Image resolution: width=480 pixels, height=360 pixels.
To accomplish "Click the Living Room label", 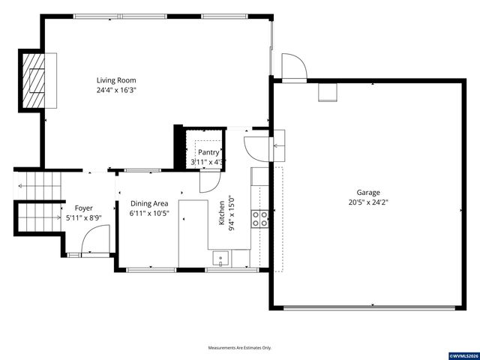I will [x=116, y=80].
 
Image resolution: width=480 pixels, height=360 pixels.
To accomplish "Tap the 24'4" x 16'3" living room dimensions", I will [x=116, y=90].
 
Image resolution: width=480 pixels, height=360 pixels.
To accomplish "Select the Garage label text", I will [x=368, y=192].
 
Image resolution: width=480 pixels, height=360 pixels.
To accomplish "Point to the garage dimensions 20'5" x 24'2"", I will [x=368, y=202].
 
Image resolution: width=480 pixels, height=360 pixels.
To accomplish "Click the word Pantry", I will [x=208, y=152].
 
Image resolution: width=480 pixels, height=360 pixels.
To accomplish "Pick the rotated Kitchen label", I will [x=222, y=213].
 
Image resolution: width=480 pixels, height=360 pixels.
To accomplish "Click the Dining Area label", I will [x=149, y=203].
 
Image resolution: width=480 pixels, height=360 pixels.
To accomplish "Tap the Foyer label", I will [x=83, y=208].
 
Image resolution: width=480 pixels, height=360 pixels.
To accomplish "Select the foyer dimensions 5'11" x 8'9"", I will [x=83, y=217].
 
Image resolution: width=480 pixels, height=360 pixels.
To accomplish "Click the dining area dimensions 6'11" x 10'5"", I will [x=149, y=213].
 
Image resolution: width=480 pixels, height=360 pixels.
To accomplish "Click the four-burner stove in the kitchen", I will [x=260, y=218].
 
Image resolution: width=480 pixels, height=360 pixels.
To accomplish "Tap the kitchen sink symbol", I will [x=221, y=259].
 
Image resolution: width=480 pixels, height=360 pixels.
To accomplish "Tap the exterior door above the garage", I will [x=293, y=67].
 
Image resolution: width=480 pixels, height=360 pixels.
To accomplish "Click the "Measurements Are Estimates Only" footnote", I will [x=240, y=348].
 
